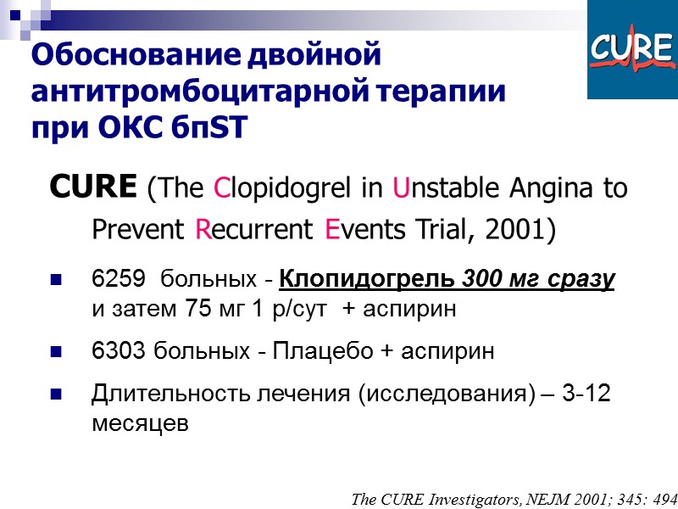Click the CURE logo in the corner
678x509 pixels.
coord(631,50)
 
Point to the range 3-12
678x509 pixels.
coord(584,393)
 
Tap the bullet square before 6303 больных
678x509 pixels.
coord(57,350)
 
